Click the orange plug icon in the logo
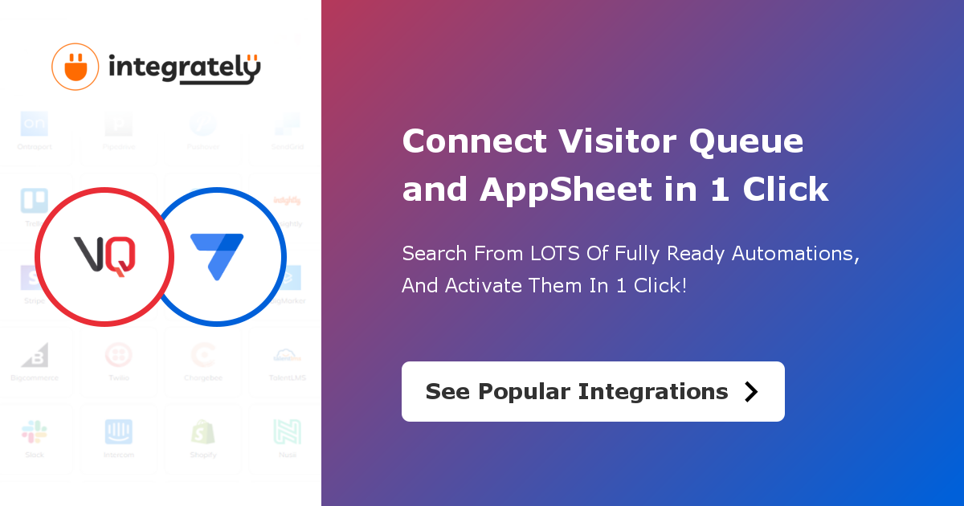point(75,67)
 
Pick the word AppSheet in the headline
point(566,190)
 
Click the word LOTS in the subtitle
point(558,254)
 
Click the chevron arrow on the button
point(751,391)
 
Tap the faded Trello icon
point(35,201)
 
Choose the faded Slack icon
point(35,432)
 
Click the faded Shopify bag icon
point(202,432)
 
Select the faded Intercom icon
point(119,432)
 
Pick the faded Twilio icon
point(119,355)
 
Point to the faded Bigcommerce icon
point(35,355)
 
